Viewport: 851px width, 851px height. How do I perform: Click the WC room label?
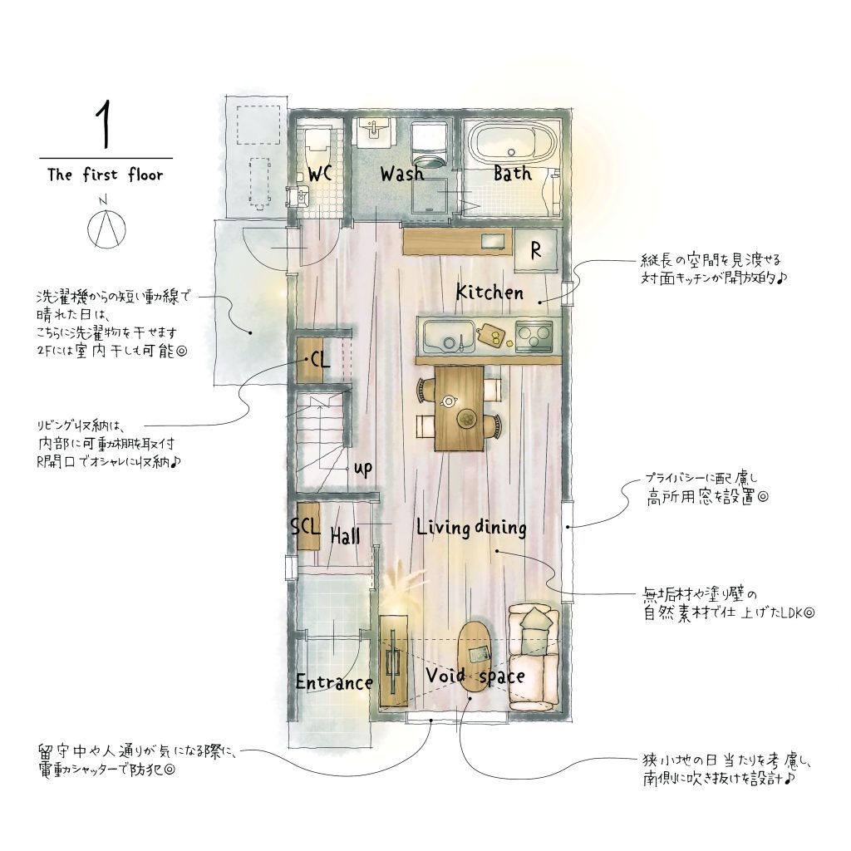click(x=320, y=175)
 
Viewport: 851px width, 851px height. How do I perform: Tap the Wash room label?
click(x=401, y=174)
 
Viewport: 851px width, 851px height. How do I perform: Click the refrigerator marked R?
click(x=536, y=250)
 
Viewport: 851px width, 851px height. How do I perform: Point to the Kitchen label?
click(x=489, y=293)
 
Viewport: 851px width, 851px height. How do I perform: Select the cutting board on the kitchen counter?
click(x=491, y=335)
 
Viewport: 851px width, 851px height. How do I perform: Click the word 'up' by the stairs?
click(x=363, y=469)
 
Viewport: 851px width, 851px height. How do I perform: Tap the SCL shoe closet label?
click(x=305, y=526)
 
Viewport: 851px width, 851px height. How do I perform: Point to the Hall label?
click(x=345, y=536)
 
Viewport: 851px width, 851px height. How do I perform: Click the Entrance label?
click(x=334, y=682)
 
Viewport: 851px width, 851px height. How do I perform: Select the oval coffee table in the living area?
click(x=475, y=657)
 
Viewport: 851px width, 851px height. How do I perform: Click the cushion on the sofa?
click(x=534, y=618)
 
